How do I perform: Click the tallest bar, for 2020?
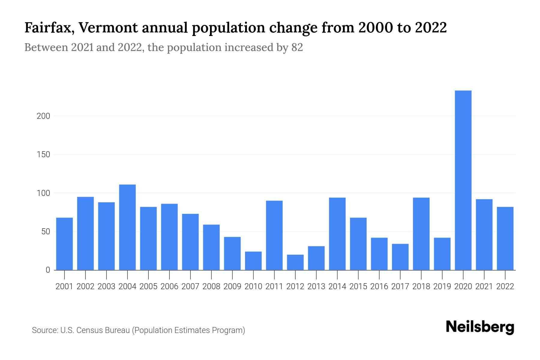463,180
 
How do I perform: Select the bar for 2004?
127,227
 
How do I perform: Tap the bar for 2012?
295,262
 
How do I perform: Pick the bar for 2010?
253,261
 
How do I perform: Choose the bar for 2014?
337,234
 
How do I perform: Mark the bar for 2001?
64,244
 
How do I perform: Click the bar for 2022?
505,238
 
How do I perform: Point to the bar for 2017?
400,257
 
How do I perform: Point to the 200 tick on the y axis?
43,116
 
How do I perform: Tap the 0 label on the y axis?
48,270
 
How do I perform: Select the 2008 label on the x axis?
211,286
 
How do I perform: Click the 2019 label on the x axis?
442,286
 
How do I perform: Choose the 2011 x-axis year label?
274,286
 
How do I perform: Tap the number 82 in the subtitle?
297,47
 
